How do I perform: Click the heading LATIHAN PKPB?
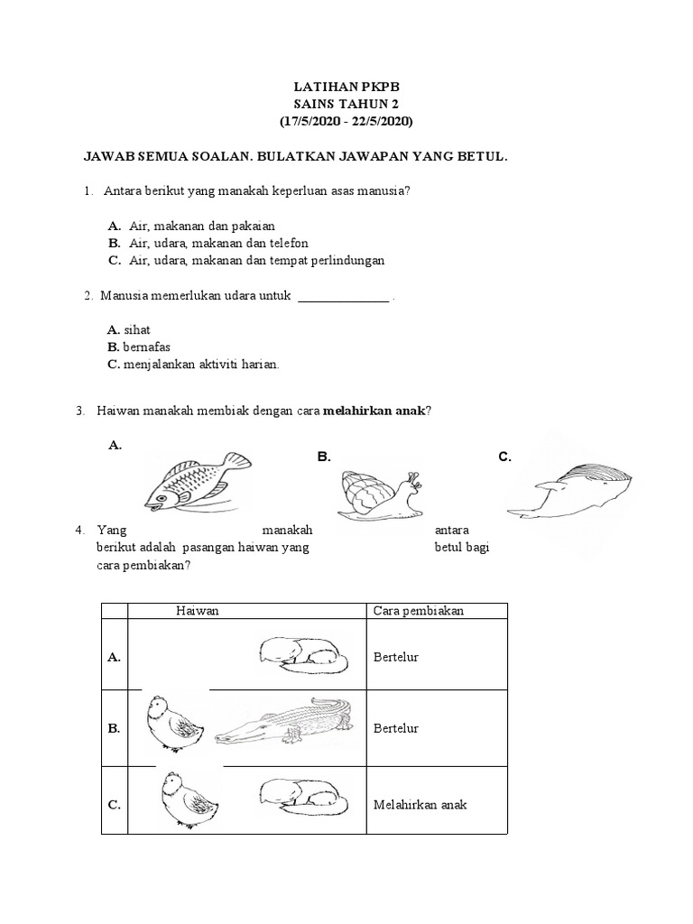(346, 88)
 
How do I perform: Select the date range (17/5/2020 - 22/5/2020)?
(346, 120)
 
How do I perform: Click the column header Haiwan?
(198, 611)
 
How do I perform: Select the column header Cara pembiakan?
(419, 611)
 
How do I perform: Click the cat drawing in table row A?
(302, 654)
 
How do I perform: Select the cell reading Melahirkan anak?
(420, 805)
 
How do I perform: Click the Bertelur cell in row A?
(396, 657)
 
